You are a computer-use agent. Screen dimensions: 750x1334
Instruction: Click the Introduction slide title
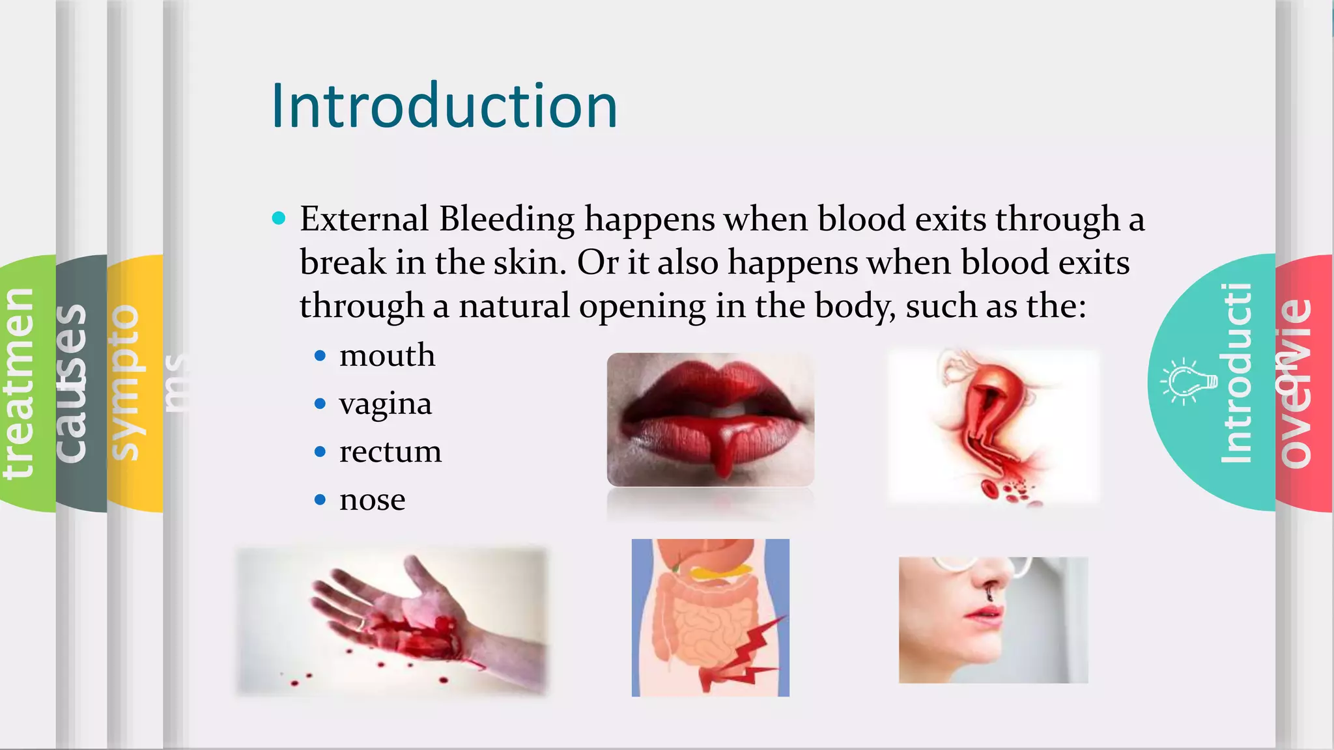pos(444,106)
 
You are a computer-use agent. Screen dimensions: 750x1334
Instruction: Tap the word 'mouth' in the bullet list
pos(387,355)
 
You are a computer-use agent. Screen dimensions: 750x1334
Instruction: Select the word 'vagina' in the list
pos(385,404)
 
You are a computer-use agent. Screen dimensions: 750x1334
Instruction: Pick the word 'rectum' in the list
pos(390,452)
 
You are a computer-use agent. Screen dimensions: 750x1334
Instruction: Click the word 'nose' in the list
pos(372,500)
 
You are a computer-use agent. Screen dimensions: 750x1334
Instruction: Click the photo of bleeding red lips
pos(710,419)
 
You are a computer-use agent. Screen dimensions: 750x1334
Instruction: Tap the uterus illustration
pos(993,426)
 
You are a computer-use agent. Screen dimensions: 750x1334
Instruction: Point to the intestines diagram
pos(710,617)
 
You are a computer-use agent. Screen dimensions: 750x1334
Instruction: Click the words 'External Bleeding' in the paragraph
pos(436,219)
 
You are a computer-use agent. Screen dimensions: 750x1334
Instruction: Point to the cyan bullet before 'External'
pos(279,218)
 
